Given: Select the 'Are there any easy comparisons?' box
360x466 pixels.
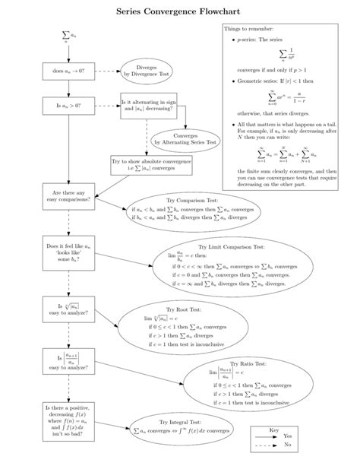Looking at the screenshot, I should point(69,196).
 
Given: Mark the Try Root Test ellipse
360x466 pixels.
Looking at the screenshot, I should point(192,325).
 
